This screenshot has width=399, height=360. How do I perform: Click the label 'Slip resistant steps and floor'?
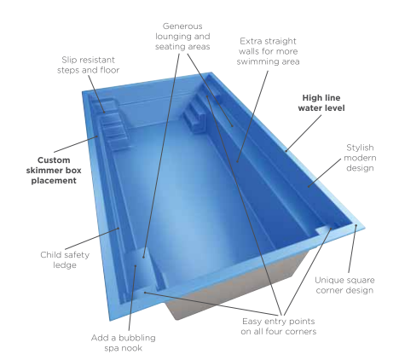pos(88,65)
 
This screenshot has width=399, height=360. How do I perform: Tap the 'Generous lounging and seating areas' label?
pos(182,37)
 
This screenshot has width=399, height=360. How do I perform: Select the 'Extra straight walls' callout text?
pos(268,51)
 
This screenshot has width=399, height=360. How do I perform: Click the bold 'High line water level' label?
pos(321,102)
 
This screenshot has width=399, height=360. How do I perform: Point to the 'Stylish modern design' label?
pos(360,158)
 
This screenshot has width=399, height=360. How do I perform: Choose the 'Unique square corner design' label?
pos(344,285)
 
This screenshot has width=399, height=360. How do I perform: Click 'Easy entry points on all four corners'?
pos(278,326)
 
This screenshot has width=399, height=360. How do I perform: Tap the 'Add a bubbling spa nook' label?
pos(124,343)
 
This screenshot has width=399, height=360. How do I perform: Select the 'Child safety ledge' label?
pos(65,259)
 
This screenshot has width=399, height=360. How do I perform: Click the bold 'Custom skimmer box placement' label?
pos(54,171)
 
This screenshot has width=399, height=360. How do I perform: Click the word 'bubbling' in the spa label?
pos(140,338)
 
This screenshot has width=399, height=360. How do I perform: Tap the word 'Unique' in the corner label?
pos(328,280)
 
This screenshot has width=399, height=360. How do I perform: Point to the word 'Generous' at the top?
pos(182,26)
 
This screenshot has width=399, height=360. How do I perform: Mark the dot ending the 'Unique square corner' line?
pos(356,225)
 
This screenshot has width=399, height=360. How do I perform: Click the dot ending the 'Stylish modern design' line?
pos(309,187)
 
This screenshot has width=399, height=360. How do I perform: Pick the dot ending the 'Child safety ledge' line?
pos(119,228)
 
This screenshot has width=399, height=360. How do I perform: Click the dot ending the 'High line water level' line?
pos(286,151)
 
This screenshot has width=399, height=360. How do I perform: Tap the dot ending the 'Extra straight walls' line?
pos(238,161)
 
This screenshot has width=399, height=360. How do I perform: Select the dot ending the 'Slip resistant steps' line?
pos(104,112)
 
